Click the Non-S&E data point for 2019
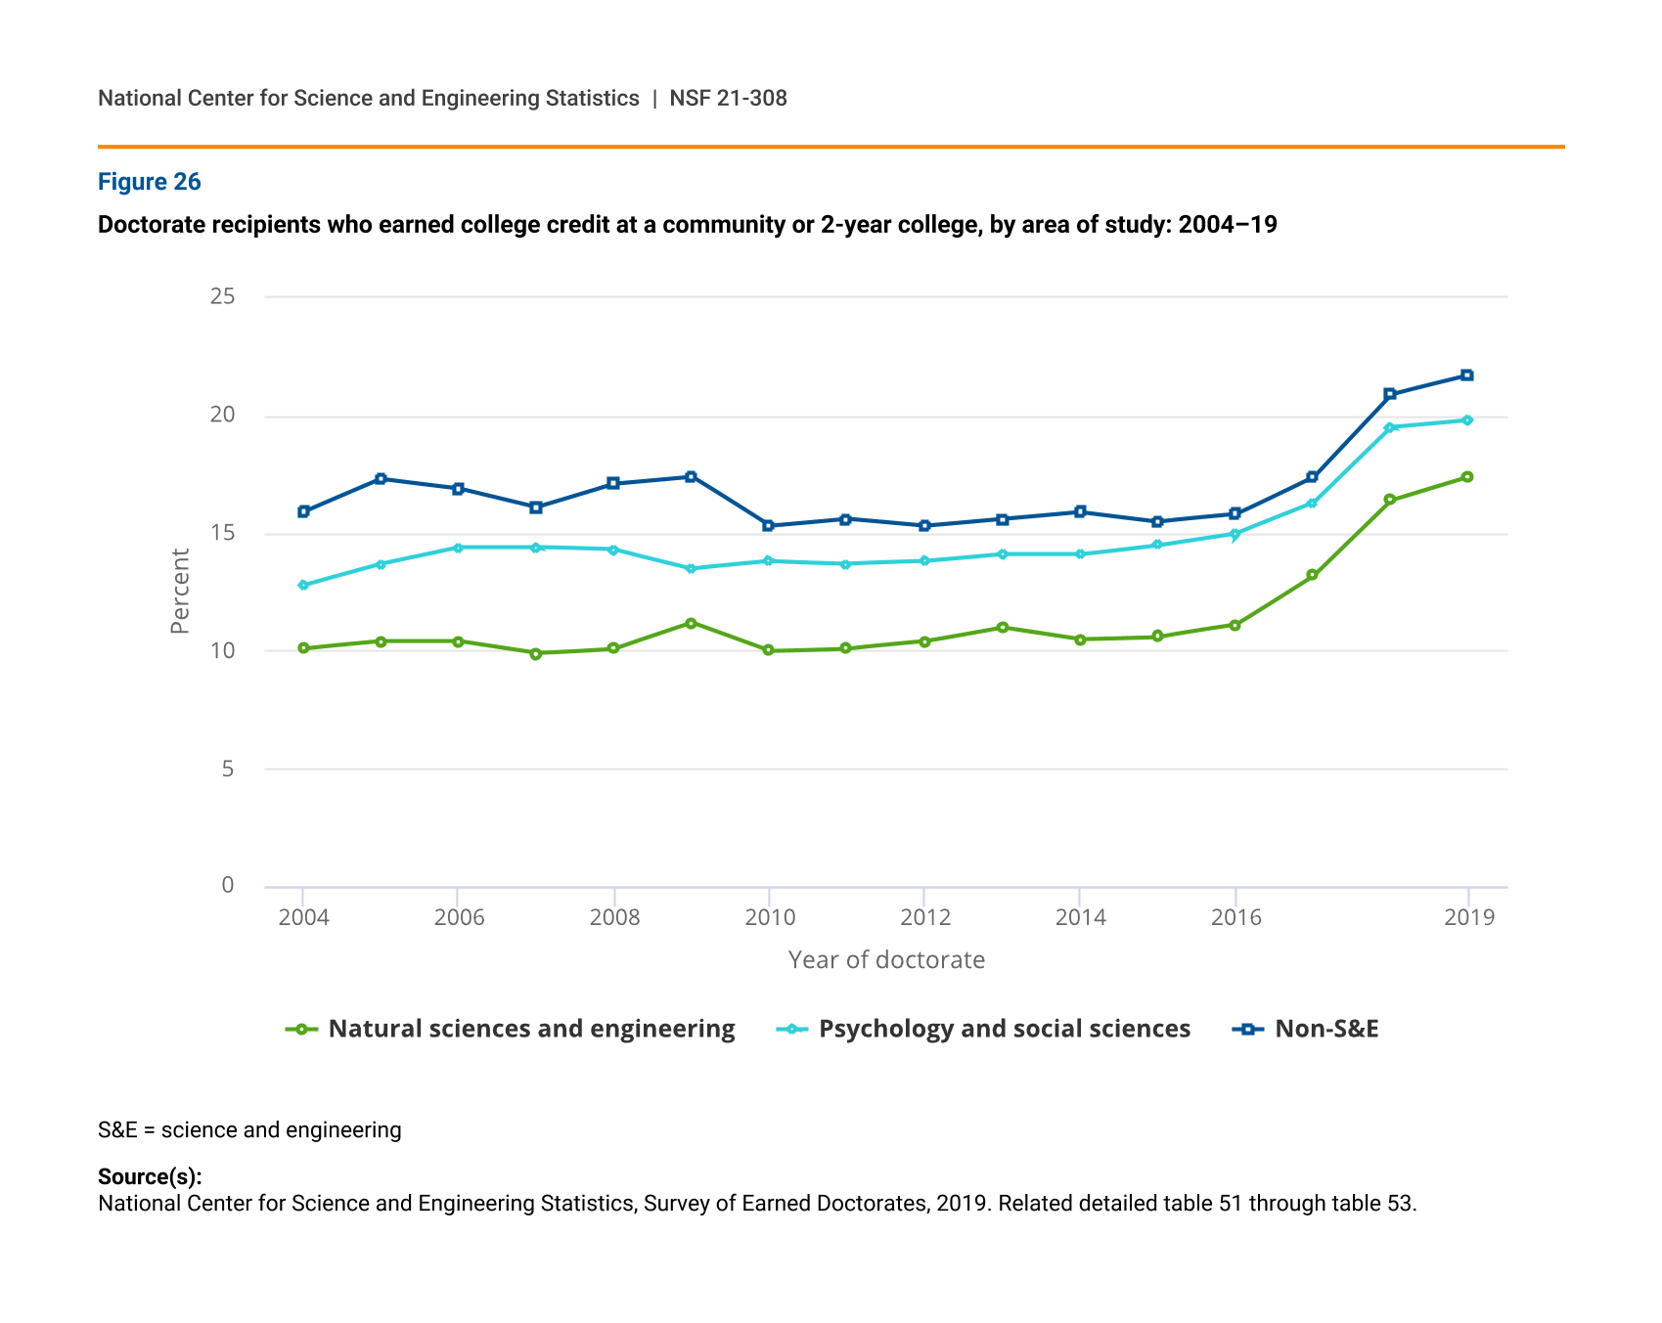(x=1466, y=375)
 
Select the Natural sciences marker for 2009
(x=691, y=623)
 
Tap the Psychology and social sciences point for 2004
(x=303, y=585)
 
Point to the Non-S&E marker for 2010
(x=768, y=525)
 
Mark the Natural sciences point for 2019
(x=1466, y=477)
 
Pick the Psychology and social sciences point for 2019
(x=1466, y=420)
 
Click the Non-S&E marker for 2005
(x=381, y=478)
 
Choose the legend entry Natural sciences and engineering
(x=511, y=1029)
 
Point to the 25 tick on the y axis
(x=223, y=296)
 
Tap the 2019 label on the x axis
(x=1469, y=917)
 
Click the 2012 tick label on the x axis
(x=925, y=917)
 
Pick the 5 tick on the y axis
(x=228, y=769)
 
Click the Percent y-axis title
(x=180, y=591)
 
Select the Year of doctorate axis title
(x=886, y=960)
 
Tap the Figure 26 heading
(x=150, y=182)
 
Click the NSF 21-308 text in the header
(x=728, y=98)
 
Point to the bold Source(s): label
(x=150, y=1176)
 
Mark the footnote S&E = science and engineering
(x=249, y=1130)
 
